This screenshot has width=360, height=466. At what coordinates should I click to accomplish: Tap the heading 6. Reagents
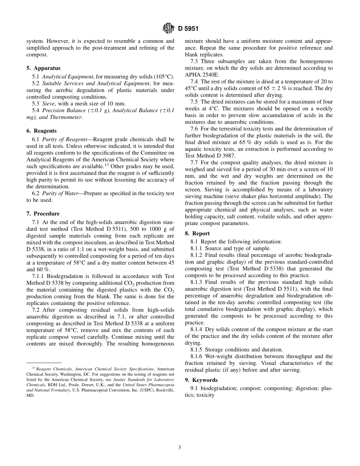click(41, 131)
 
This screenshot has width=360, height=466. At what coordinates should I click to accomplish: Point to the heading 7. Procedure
click(43, 214)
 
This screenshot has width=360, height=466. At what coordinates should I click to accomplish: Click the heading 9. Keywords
click(201, 380)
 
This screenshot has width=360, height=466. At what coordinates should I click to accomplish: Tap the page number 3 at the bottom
click(180, 447)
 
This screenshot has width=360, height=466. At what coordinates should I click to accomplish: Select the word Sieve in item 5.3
click(49, 103)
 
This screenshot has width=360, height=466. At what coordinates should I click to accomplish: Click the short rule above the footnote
click(44, 363)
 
